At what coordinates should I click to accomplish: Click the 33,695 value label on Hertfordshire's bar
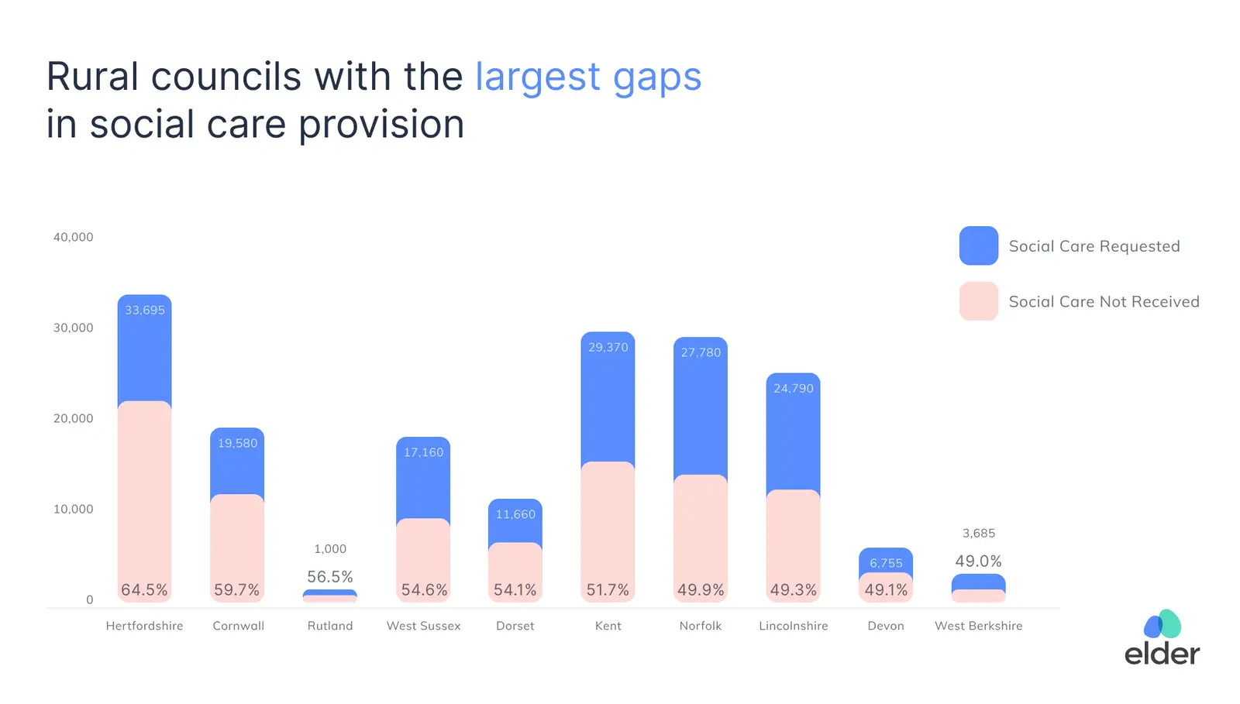[145, 311]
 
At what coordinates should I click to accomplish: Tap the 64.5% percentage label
[144, 590]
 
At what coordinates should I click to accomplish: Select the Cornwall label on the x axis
[238, 626]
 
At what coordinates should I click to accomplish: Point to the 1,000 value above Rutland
[330, 549]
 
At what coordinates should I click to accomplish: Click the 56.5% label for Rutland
[330, 577]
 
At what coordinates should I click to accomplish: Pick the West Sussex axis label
[423, 626]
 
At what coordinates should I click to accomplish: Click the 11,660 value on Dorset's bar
[515, 514]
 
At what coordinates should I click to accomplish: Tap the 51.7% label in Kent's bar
[608, 590]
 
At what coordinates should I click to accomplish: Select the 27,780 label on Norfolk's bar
[701, 352]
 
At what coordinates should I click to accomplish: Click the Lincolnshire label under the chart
[793, 626]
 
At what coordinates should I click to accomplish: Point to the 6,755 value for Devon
[886, 563]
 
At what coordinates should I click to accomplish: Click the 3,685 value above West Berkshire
[979, 534]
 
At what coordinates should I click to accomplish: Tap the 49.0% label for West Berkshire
[979, 561]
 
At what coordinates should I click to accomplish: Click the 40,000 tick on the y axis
[73, 237]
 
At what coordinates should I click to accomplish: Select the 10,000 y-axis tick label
[73, 509]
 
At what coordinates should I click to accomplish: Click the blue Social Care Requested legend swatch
[979, 246]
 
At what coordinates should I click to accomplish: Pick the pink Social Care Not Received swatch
[979, 301]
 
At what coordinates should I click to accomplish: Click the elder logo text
[1162, 653]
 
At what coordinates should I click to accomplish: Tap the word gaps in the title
[657, 77]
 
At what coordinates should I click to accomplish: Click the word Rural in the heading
[94, 77]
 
